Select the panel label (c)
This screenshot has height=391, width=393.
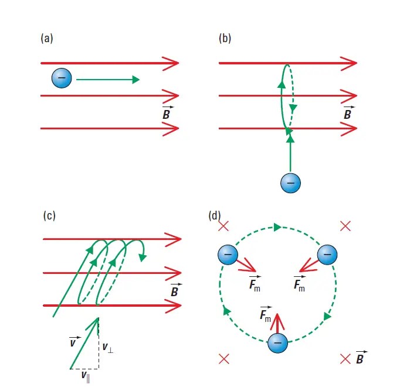click(50, 215)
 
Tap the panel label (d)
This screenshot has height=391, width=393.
click(215, 216)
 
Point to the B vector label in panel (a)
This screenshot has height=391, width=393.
click(167, 112)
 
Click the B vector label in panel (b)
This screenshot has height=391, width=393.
click(348, 112)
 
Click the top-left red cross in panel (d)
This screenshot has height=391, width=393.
click(223, 227)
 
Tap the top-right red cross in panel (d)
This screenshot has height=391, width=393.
click(345, 225)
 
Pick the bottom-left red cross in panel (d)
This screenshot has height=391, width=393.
click(223, 359)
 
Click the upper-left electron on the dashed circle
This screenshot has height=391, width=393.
click(228, 255)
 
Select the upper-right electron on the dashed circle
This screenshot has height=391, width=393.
click(327, 255)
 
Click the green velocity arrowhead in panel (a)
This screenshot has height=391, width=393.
click(135, 80)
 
